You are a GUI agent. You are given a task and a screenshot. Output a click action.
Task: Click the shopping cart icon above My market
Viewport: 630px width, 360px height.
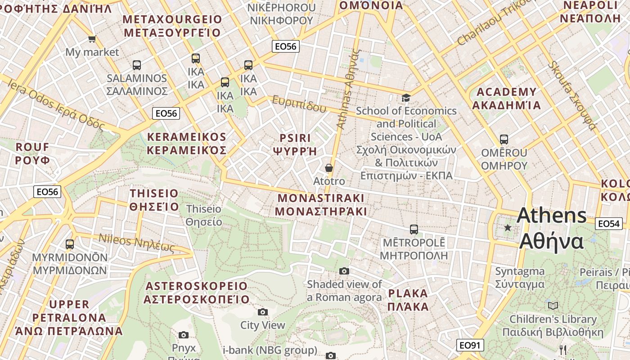92,39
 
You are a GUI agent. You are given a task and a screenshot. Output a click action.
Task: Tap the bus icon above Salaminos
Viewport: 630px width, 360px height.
136,65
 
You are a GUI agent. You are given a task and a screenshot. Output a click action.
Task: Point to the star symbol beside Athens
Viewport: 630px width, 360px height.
508,228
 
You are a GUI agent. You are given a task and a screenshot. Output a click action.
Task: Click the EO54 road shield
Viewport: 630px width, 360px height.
608,224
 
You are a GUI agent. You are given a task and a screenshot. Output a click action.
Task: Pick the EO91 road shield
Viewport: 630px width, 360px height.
470,345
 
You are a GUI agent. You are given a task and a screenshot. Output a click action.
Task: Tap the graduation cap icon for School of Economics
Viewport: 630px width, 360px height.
406,98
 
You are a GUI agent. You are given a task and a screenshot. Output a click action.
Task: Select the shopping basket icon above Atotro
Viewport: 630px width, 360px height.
329,168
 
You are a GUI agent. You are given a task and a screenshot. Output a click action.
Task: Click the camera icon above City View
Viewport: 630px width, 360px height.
263,312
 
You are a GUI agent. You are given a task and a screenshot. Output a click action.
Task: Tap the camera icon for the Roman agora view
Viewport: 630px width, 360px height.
344,271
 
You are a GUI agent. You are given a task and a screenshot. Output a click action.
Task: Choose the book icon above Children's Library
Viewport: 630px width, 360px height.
553,306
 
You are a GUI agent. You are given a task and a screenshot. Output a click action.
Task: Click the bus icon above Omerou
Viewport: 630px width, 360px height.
504,139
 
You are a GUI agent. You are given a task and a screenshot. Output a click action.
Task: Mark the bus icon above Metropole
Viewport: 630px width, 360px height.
414,229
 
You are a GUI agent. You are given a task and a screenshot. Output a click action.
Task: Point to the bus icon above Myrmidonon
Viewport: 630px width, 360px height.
70,244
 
